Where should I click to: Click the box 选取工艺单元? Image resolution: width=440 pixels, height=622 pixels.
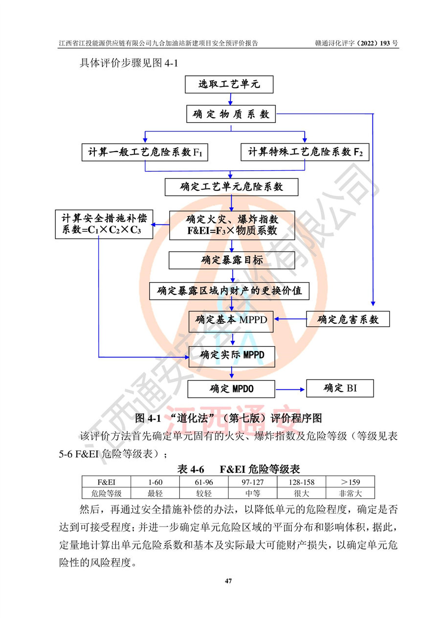[x=229, y=85]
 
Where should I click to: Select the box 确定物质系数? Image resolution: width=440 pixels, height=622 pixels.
[x=231, y=114]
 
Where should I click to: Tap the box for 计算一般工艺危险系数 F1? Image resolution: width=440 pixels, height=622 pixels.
[x=145, y=152]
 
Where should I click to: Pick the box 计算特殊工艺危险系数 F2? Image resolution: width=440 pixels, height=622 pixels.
[x=306, y=152]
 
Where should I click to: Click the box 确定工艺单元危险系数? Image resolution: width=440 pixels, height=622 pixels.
[x=232, y=187]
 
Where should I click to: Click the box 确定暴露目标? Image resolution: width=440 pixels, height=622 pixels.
[x=232, y=260]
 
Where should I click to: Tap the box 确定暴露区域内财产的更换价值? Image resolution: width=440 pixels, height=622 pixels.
[x=230, y=291]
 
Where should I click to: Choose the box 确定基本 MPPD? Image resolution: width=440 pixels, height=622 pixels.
[x=232, y=320]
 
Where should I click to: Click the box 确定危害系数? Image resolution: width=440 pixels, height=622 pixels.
[x=348, y=320]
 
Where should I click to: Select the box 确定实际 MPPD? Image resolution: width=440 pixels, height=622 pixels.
[x=232, y=355]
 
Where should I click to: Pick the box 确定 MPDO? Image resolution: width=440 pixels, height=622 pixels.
[x=232, y=389]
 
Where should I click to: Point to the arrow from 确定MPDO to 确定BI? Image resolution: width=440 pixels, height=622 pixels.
[x=290, y=390]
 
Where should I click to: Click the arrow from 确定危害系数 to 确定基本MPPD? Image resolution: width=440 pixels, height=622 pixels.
[x=290, y=320]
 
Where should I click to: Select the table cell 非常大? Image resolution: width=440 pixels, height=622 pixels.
[x=350, y=493]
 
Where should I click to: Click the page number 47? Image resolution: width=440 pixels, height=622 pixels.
[x=228, y=581]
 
